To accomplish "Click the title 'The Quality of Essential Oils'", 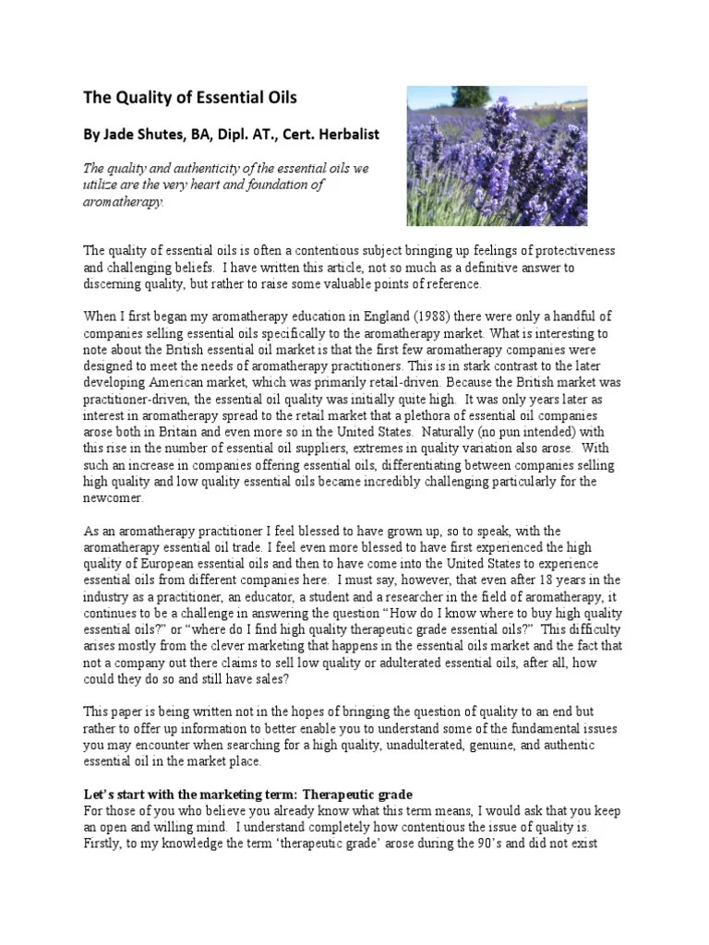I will (191, 97).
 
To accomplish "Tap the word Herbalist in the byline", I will (343, 134).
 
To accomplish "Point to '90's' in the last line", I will (499, 843).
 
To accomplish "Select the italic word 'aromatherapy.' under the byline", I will (125, 201).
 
